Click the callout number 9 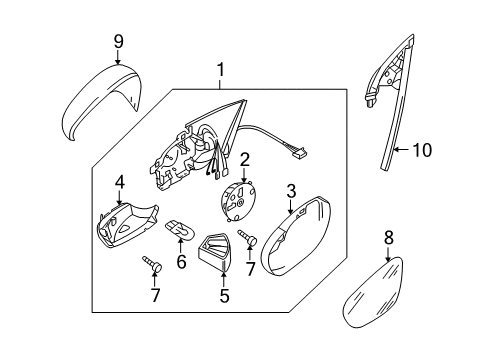[x=119, y=42]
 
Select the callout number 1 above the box [x=220, y=70]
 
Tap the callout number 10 [x=422, y=150]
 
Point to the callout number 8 [x=389, y=238]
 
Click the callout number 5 [x=224, y=295]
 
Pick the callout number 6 [x=181, y=261]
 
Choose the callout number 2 [x=244, y=160]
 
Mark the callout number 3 [x=291, y=191]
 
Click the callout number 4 [x=120, y=182]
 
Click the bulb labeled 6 [x=179, y=230]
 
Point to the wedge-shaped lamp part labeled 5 [x=214, y=251]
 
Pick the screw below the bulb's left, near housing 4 [x=152, y=264]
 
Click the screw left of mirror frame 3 [x=247, y=237]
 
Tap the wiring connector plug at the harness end [x=300, y=154]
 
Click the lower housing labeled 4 [x=127, y=225]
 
